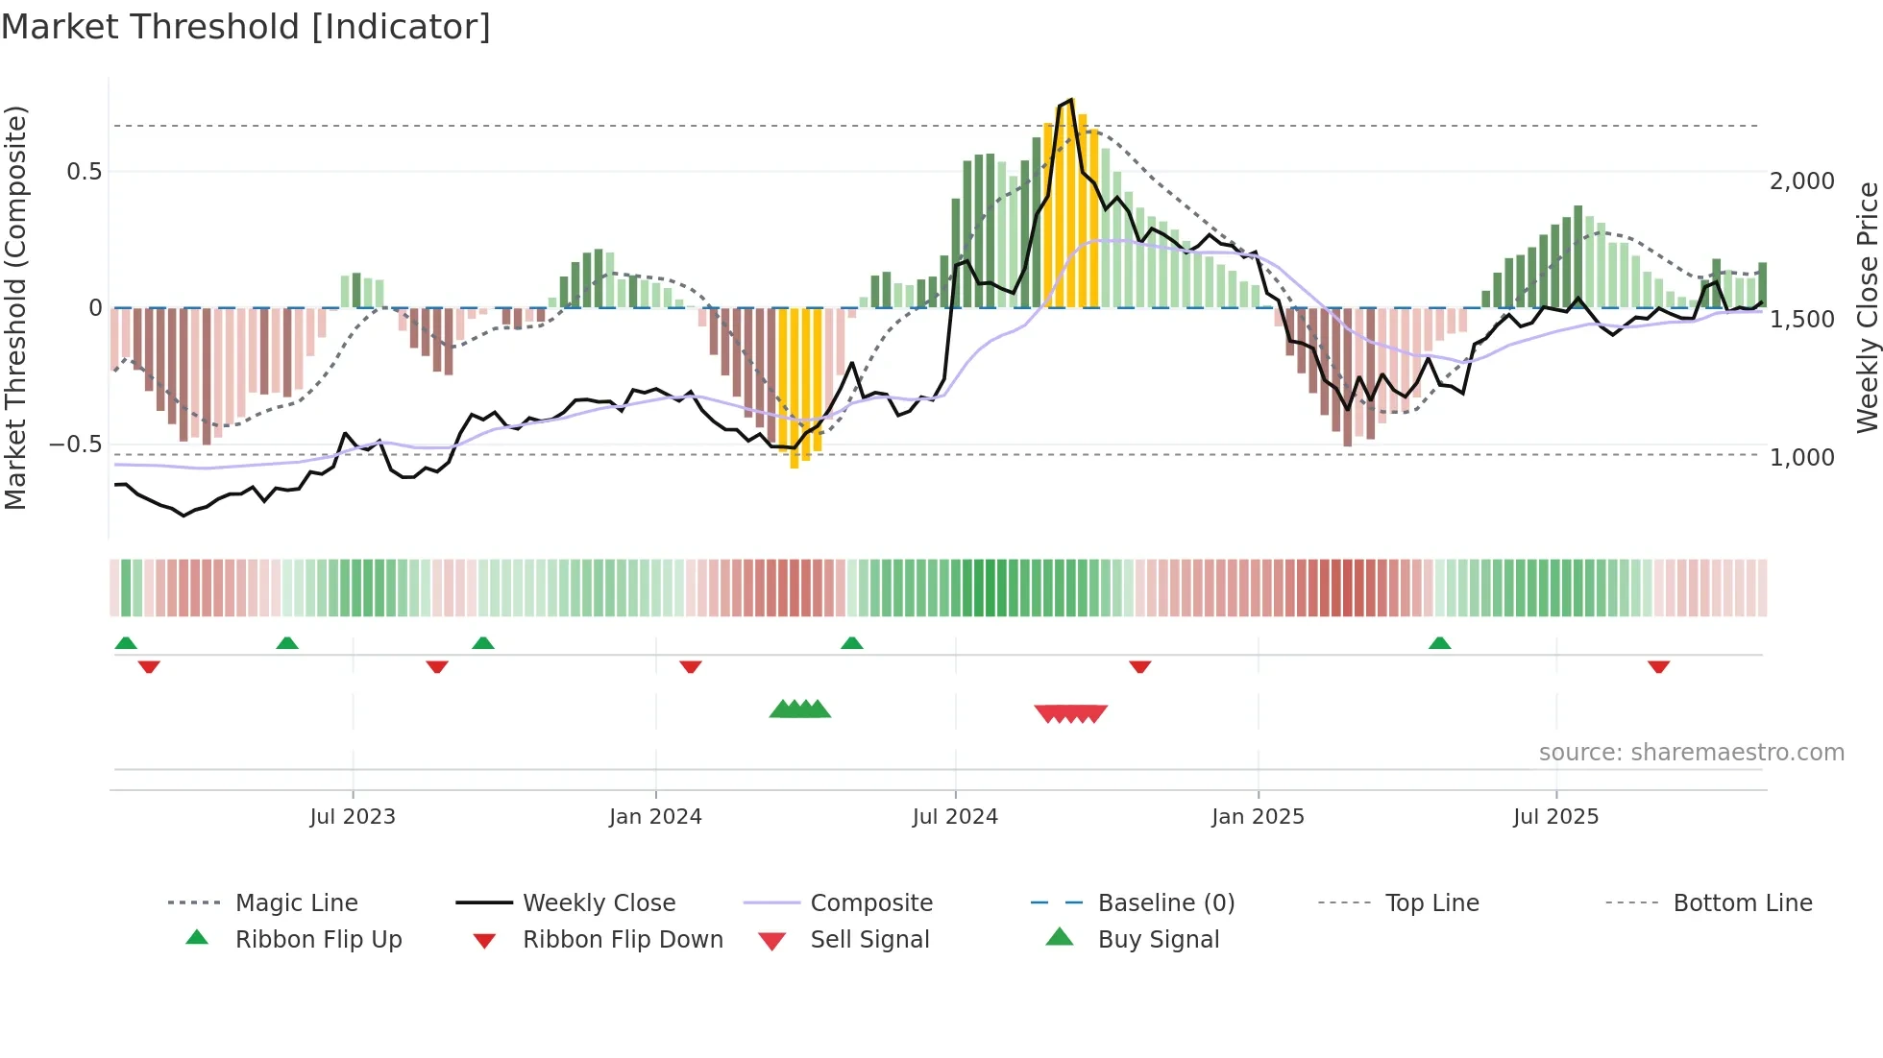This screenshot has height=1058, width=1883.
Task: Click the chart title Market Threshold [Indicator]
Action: (x=246, y=27)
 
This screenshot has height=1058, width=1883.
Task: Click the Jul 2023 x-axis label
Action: (x=353, y=817)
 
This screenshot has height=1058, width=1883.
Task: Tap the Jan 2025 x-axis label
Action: (x=1258, y=817)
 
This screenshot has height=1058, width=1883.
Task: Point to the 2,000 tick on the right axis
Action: (x=1801, y=181)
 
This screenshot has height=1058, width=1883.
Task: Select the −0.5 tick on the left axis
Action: (x=76, y=445)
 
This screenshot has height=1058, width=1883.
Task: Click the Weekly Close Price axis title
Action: (x=1867, y=307)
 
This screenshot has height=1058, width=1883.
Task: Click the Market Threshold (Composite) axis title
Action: (x=16, y=307)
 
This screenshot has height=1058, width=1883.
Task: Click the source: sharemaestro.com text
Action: (x=1691, y=753)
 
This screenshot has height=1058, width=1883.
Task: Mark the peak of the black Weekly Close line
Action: (x=1071, y=100)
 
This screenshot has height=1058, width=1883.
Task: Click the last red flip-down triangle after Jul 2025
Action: (x=1658, y=666)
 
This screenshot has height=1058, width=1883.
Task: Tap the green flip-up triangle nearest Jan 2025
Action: (x=1439, y=643)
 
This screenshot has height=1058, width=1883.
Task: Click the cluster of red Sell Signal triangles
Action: (x=1071, y=713)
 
